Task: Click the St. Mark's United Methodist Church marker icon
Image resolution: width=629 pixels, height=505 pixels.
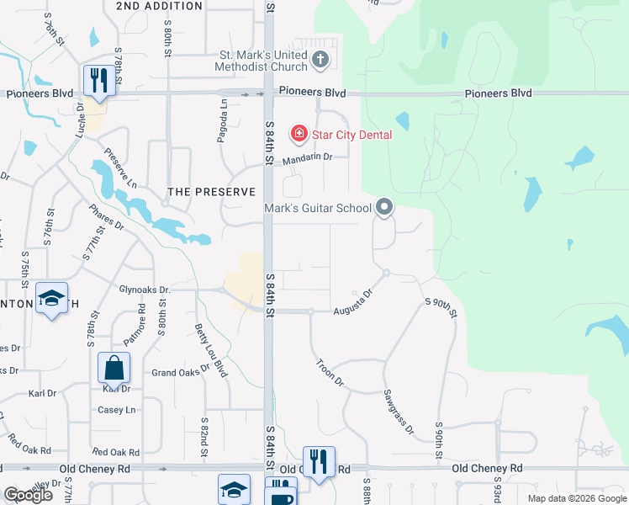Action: click(319, 59)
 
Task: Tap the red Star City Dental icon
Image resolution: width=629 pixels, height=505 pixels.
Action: click(297, 134)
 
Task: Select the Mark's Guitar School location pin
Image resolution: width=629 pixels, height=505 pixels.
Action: click(384, 206)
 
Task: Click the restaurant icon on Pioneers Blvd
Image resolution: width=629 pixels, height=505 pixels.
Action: click(98, 81)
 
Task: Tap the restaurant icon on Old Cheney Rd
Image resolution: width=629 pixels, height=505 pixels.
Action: click(319, 462)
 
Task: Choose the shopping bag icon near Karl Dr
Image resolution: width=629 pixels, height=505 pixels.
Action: click(114, 369)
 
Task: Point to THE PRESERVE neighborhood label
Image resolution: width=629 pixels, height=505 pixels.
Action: click(211, 192)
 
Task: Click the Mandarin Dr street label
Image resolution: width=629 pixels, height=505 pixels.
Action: click(308, 157)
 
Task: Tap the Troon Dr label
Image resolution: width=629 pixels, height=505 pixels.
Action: click(330, 373)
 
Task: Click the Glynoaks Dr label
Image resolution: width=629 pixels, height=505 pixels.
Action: click(145, 290)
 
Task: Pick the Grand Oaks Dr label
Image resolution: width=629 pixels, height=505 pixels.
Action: click(180, 371)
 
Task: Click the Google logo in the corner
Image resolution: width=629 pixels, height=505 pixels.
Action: click(28, 495)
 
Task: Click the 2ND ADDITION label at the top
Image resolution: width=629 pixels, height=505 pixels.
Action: click(160, 6)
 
